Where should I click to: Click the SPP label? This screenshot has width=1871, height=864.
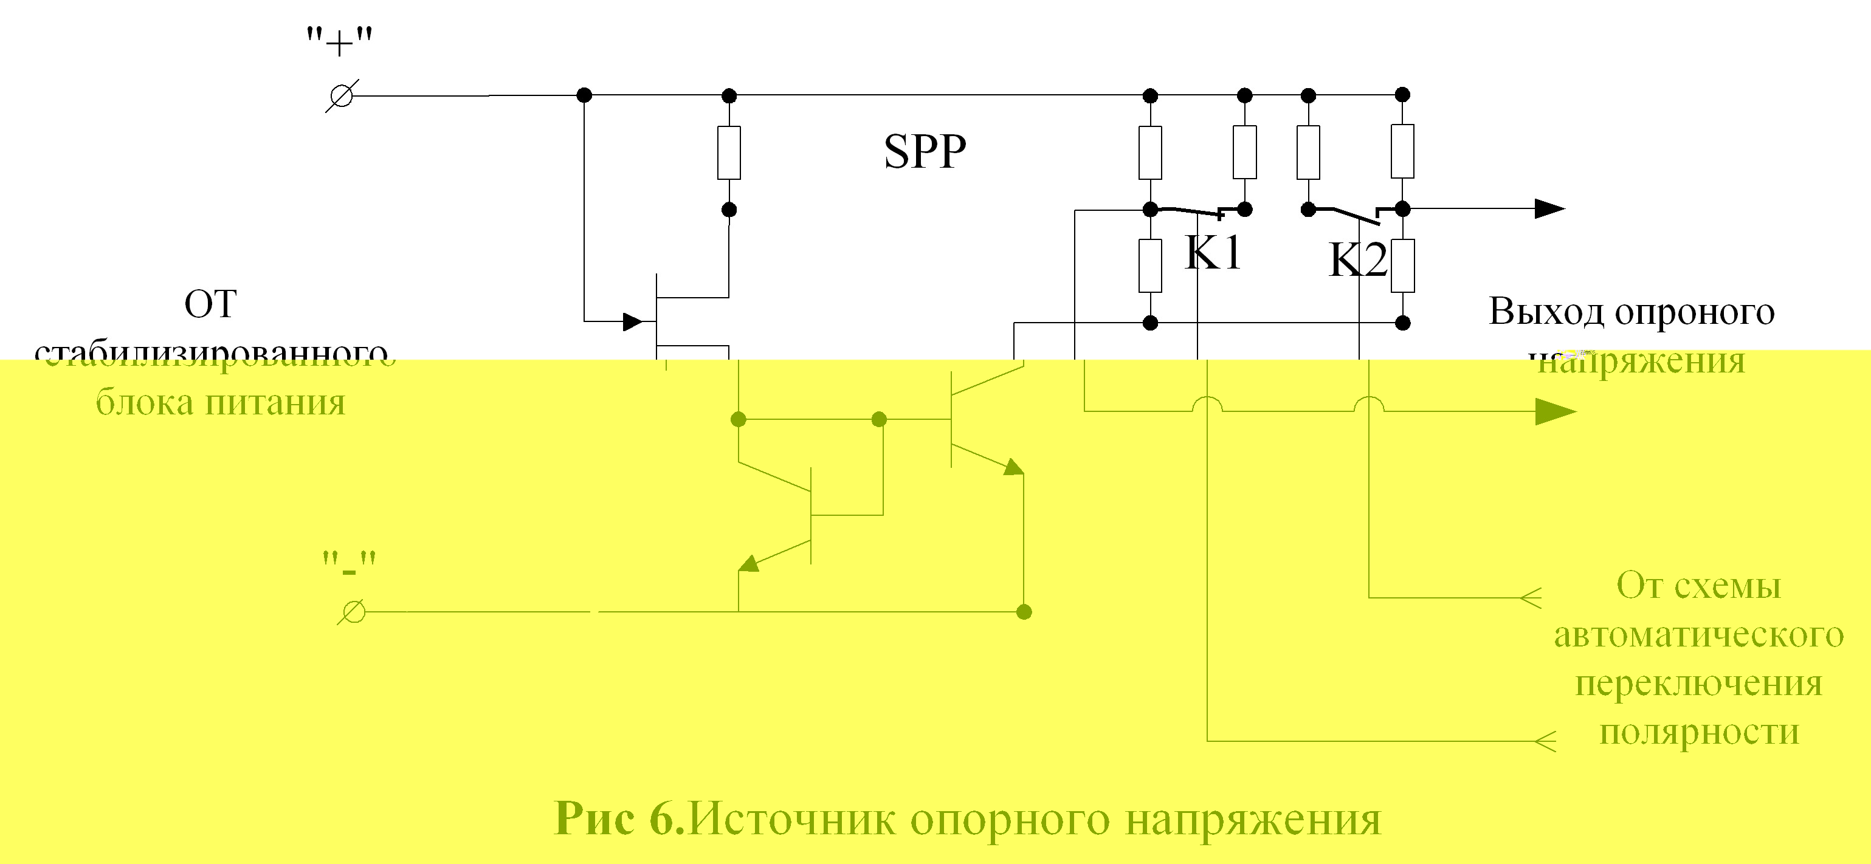(925, 152)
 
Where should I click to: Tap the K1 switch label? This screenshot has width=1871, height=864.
(1212, 253)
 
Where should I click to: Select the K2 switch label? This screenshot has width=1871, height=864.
(1357, 260)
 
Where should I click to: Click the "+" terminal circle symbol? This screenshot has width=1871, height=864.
(342, 96)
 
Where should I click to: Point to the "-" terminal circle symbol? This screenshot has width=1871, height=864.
(353, 612)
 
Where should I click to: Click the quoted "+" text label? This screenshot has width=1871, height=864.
(339, 44)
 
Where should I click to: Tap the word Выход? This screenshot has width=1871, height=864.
(1546, 312)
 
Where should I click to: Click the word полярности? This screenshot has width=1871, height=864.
(1699, 731)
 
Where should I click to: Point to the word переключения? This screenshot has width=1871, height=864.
(1699, 683)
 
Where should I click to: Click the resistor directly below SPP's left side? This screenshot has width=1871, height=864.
(729, 153)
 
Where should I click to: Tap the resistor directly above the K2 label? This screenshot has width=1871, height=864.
(1308, 153)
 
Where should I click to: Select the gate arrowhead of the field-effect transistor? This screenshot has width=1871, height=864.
(633, 321)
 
